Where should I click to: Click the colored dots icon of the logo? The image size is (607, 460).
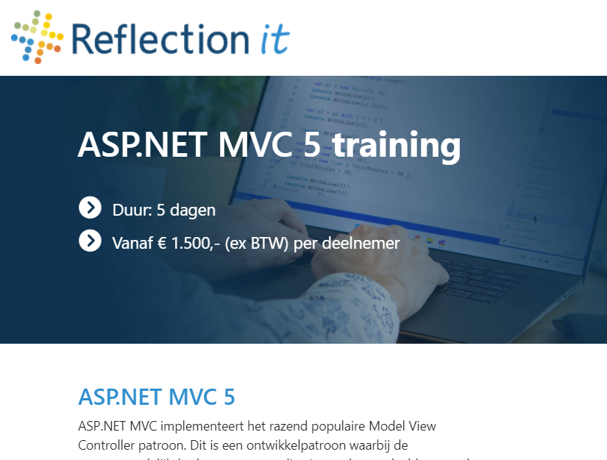pos(38,36)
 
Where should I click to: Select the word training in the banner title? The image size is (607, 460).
pos(396,144)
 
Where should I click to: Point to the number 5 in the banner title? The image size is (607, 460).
pos(312,144)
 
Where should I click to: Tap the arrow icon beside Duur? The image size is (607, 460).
pos(90,208)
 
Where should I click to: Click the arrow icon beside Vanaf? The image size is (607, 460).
pos(90,241)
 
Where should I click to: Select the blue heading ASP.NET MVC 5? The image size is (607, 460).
pos(157,397)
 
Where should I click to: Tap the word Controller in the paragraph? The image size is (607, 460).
pos(107,445)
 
